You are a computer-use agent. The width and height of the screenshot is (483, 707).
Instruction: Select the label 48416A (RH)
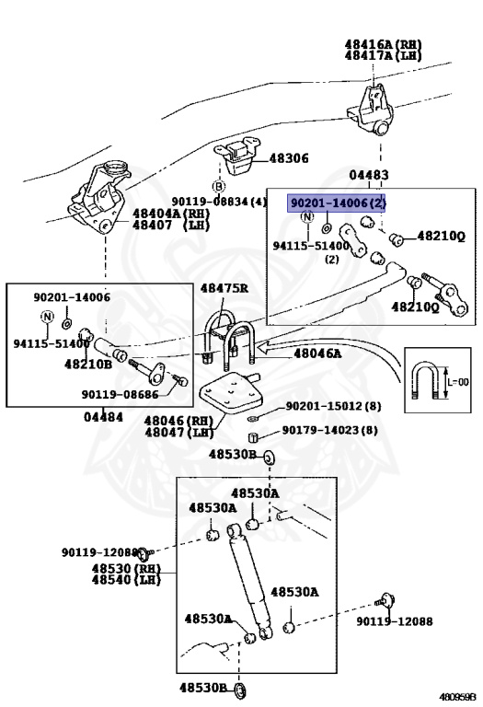383,43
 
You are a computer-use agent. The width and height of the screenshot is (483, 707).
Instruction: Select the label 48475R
224,288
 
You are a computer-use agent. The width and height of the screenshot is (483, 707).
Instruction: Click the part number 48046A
317,353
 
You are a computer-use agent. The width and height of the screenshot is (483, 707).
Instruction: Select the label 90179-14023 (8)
329,430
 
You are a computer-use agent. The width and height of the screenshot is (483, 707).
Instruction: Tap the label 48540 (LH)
127,582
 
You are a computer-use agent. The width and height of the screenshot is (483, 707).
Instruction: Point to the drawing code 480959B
457,696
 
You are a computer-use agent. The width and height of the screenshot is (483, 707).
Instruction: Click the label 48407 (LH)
171,225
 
